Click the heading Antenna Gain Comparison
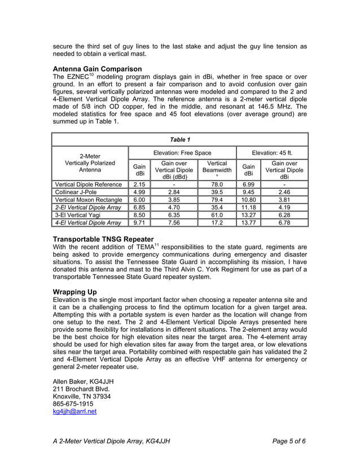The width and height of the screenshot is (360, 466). click(96, 69)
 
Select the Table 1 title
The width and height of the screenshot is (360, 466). click(180, 139)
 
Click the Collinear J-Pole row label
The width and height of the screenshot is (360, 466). click(76, 192)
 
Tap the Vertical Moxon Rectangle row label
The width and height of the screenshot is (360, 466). click(89, 200)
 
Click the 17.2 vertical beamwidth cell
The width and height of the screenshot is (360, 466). click(217, 223)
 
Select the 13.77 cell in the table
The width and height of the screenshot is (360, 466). click(248, 223)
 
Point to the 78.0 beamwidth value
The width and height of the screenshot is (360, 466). click(217, 184)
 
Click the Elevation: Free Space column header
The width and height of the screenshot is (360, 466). click(182, 152)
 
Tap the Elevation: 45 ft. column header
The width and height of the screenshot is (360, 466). click(272, 152)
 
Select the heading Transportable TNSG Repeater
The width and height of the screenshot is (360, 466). click(103, 239)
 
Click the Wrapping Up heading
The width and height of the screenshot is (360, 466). click(74, 291)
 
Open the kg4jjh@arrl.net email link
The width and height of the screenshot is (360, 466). click(74, 412)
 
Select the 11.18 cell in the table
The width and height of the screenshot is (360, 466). click(248, 208)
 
